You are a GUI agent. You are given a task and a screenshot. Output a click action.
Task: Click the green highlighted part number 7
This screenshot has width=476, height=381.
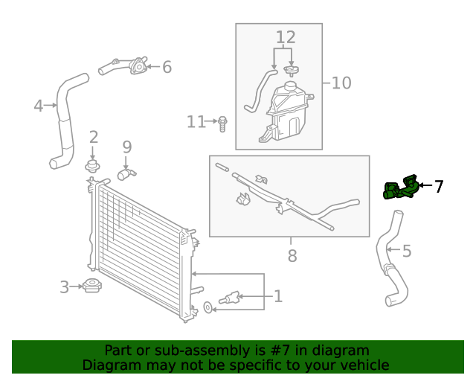click(400, 189)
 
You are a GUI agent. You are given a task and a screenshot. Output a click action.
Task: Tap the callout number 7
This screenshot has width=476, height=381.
click(439, 187)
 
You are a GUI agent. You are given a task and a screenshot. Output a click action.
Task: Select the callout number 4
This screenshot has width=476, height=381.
click(38, 106)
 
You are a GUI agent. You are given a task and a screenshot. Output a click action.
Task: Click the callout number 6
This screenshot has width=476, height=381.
click(167, 68)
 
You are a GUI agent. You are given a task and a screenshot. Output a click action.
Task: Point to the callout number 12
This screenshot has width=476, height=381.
click(286, 37)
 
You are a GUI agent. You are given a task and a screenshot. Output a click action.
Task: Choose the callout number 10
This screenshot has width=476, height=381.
click(341, 82)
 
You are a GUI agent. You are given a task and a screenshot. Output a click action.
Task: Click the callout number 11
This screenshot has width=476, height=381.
click(196, 121)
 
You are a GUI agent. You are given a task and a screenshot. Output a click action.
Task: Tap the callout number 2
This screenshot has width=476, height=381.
click(94, 137)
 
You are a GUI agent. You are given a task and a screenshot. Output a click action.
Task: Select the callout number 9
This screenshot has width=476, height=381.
click(126, 147)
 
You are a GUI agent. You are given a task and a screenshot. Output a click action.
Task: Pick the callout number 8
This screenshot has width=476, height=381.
click(292, 256)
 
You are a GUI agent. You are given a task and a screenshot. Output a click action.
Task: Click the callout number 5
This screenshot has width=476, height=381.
click(406, 252)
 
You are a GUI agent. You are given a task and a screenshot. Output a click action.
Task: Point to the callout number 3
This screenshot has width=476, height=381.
click(65, 286)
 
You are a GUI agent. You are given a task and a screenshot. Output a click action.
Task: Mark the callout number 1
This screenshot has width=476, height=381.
click(277, 297)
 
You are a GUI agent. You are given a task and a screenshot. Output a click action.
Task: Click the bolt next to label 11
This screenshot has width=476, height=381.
click(222, 123)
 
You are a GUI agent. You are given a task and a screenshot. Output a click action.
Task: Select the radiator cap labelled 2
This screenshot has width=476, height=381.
click(93, 165)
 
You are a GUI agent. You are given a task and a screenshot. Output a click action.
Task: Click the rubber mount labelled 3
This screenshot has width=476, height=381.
click(92, 286)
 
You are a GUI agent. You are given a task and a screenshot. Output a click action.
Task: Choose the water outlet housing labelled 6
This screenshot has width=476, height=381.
click(135, 67)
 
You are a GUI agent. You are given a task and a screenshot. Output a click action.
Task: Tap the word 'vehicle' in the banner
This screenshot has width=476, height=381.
click(364, 365)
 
